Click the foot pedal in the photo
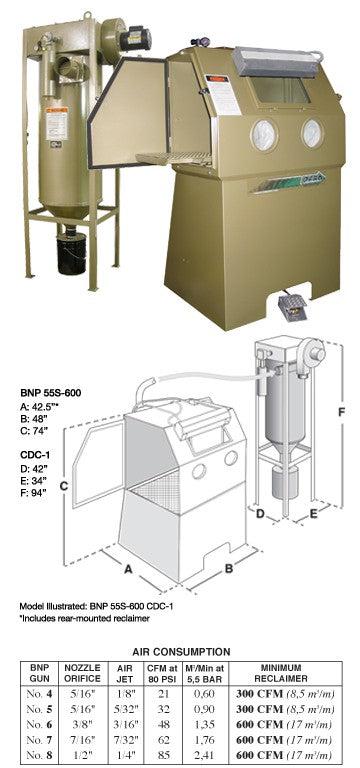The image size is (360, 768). (291, 304)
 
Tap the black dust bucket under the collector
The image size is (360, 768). (72, 253)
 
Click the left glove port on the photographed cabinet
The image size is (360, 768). (264, 135)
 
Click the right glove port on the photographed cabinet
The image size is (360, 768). (312, 132)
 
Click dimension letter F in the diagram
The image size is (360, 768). (341, 412)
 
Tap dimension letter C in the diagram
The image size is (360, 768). (63, 485)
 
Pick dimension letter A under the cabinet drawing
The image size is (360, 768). (128, 569)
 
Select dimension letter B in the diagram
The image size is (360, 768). (228, 568)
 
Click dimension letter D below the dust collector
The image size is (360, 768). (261, 513)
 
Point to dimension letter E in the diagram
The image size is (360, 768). (314, 513)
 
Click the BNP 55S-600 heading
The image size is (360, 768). (50, 393)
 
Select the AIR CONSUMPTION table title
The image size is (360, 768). (181, 652)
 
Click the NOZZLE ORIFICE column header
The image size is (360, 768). (82, 673)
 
